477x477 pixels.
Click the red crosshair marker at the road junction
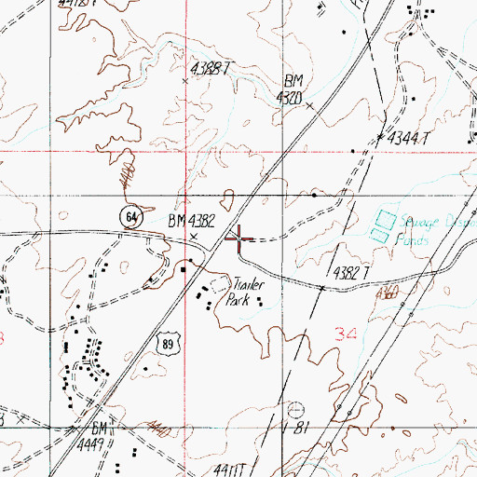(x=238, y=238)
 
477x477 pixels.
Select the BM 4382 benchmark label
(x=192, y=221)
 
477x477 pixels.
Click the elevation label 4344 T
(x=411, y=137)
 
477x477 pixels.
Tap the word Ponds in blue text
(x=412, y=239)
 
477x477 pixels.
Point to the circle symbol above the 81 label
(x=297, y=408)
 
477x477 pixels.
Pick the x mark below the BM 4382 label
(x=193, y=237)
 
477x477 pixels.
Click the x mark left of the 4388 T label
(x=184, y=81)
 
